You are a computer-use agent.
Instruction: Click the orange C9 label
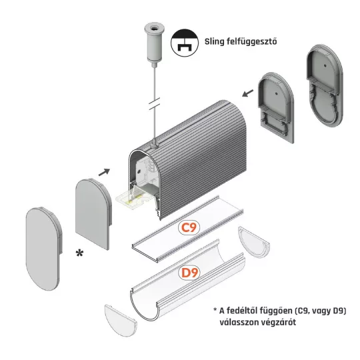pyautogui.click(x=189, y=227)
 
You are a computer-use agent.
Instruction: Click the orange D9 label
pyautogui.click(x=189, y=273)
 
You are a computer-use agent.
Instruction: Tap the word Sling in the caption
pyautogui.click(x=214, y=41)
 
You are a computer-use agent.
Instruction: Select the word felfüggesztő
pyautogui.click(x=251, y=41)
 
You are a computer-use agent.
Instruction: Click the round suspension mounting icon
pyautogui.click(x=185, y=43)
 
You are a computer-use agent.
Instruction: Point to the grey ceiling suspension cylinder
pyautogui.click(x=154, y=43)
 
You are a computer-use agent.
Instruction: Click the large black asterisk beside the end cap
pyautogui.click(x=79, y=253)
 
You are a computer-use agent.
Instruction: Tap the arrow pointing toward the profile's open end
pyautogui.click(x=104, y=172)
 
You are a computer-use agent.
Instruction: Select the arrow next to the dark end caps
pyautogui.click(x=248, y=93)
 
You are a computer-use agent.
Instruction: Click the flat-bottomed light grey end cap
pyautogui.click(x=93, y=213)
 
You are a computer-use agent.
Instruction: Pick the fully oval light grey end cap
pyautogui.click(x=43, y=249)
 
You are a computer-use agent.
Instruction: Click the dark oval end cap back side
pyautogui.click(x=325, y=85)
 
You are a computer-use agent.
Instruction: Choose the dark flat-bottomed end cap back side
pyautogui.click(x=276, y=107)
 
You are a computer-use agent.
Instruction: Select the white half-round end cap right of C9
pyautogui.click(x=255, y=243)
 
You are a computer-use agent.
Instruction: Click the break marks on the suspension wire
pyautogui.click(x=155, y=103)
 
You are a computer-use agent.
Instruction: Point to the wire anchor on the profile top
pyautogui.click(x=154, y=145)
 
